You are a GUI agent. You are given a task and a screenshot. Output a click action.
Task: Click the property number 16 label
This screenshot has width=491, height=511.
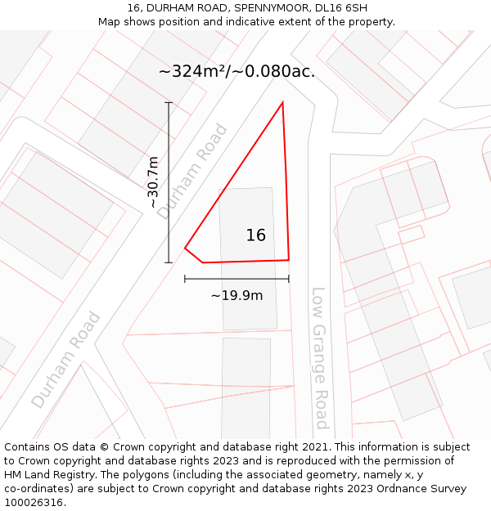255,235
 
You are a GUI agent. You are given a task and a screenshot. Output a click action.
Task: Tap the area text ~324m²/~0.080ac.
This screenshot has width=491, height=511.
236,72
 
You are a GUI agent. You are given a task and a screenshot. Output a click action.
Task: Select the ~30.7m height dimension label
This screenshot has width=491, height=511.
153,182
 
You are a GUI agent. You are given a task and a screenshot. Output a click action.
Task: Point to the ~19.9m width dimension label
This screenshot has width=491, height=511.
236,295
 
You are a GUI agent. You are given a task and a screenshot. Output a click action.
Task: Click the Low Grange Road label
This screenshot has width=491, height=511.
319,357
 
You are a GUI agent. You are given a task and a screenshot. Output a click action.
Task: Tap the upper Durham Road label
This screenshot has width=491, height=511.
192,172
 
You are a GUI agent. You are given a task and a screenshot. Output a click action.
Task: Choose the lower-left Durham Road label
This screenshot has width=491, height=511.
66,360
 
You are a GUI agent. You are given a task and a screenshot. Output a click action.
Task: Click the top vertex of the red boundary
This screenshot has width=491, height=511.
282,102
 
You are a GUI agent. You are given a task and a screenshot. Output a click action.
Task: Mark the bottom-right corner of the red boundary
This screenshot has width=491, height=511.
289,260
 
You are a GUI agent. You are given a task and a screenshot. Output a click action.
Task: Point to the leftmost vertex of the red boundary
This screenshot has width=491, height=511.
186,248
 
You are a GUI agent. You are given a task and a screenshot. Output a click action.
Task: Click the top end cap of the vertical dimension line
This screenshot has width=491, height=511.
169,102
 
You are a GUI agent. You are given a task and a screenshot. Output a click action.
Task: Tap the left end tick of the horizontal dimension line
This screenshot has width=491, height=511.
185,279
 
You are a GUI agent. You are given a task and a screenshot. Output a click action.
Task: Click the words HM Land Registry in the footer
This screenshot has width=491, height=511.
48,475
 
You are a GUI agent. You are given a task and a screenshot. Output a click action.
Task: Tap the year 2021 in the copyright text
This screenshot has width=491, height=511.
315,447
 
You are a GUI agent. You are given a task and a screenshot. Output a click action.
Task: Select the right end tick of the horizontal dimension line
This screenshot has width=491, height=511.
289,279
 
